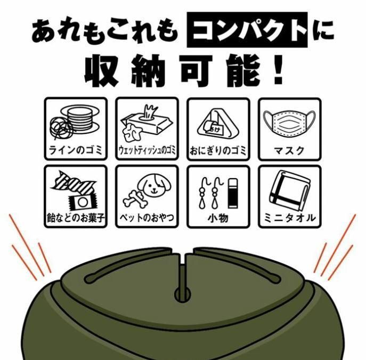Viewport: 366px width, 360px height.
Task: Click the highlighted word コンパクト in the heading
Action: coord(247,30)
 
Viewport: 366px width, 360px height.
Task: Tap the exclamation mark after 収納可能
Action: coord(279,70)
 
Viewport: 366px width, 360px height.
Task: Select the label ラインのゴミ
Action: coord(76,150)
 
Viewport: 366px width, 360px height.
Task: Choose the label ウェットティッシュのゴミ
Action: coord(147,150)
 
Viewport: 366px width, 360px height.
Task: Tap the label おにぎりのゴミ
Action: coord(218,150)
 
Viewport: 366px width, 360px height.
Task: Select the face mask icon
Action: coord(289,122)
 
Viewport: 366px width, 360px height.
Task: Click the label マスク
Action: coord(289,151)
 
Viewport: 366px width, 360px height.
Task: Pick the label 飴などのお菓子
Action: coord(76,218)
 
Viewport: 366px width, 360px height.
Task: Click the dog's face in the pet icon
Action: coord(153,186)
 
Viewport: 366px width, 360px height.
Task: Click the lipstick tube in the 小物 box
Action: coord(233,193)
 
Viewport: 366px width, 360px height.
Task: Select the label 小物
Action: coord(218,218)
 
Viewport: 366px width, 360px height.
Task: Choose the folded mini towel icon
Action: coord(290,190)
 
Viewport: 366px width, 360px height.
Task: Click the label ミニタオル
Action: coord(289,218)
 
